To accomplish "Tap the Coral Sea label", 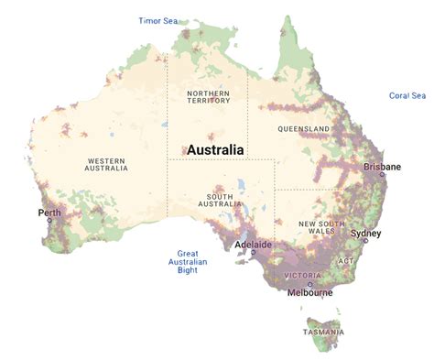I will tap(407, 95).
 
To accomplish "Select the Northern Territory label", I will tap(208, 97).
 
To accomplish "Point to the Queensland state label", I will tap(304, 128).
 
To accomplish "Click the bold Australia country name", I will tap(215, 149).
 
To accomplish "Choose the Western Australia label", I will tap(106, 164).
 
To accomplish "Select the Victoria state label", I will tap(302, 275).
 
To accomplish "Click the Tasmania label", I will tap(325, 331).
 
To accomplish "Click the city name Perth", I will tap(49, 213).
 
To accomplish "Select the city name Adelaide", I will tap(253, 245).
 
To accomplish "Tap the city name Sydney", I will tap(365, 233).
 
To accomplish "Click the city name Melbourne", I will tap(309, 293).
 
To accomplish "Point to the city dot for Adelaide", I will tap(254, 254).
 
